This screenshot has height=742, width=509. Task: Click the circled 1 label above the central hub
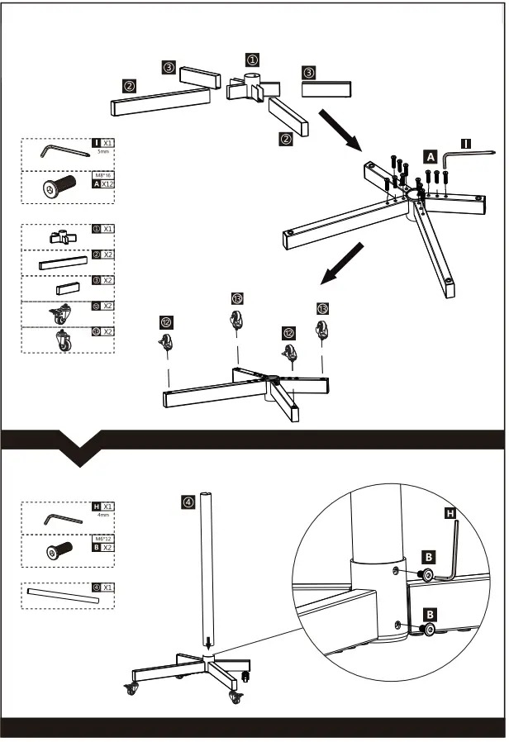coord(252,59)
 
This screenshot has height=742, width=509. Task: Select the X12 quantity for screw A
coord(107,184)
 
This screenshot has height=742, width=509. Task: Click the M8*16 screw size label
coord(102,175)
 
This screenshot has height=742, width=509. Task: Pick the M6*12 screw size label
coord(102,538)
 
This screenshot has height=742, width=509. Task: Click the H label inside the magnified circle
coord(450,513)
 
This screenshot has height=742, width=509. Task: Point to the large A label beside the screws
coord(431,155)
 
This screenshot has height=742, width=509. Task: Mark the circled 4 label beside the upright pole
coord(188,501)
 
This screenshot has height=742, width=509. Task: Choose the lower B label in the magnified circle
coord(430,614)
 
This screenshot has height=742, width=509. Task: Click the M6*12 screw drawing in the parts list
coord(59,550)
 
